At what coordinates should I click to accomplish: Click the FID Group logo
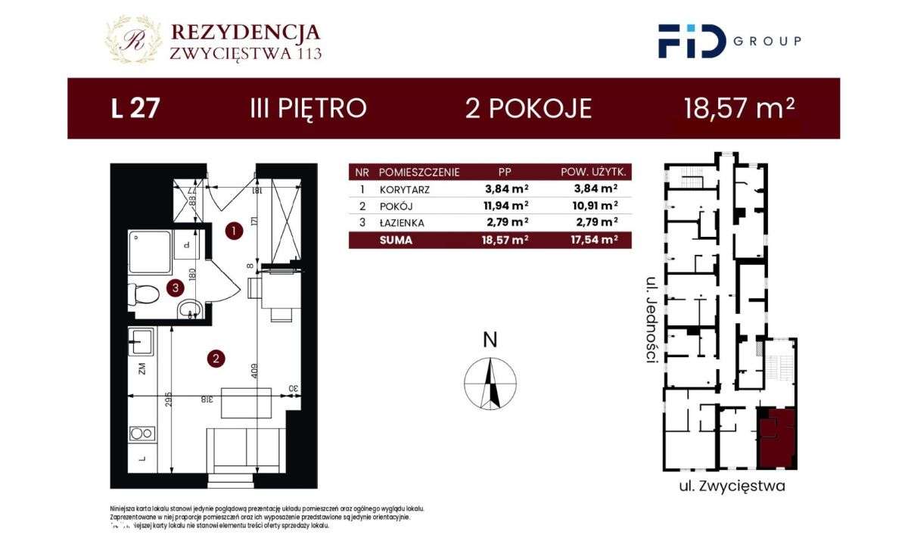tap(729, 41)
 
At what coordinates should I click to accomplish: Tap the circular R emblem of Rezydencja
tap(134, 40)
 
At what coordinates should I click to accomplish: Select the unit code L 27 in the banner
tap(135, 108)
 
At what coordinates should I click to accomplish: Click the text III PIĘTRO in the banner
tap(308, 108)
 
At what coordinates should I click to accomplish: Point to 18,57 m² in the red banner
tap(739, 108)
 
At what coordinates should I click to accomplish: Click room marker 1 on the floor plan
tap(235, 232)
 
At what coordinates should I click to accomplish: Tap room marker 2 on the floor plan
tap(216, 359)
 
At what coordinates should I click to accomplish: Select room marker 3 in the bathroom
tap(175, 287)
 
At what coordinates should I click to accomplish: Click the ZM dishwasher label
tap(141, 369)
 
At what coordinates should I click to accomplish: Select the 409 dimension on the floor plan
tap(256, 370)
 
